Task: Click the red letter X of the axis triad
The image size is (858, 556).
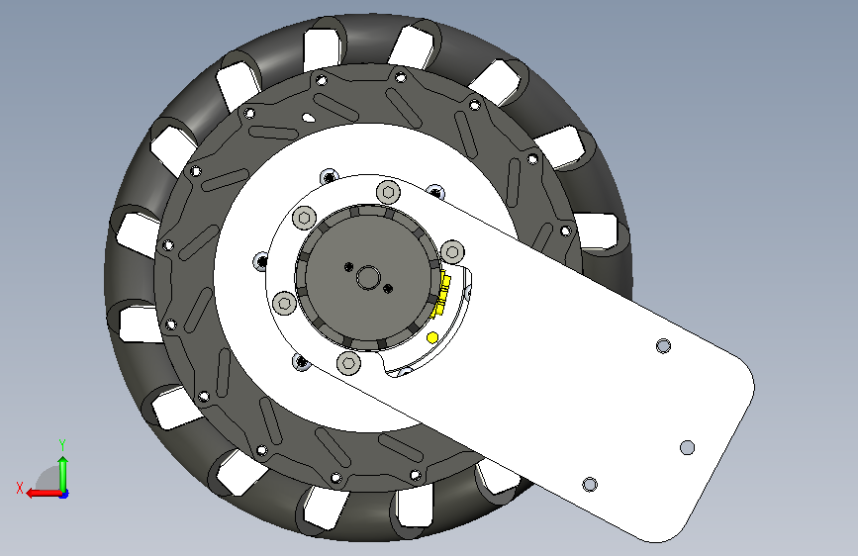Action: pos(20,488)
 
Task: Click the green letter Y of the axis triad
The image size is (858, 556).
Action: pos(62,444)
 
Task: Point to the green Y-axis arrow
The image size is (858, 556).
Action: pos(63,474)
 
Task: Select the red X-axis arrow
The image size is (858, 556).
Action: pos(45,493)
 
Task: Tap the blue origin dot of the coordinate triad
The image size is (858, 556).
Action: pos(64,494)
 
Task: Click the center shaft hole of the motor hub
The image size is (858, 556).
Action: pos(367,277)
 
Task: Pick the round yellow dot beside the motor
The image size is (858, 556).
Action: pos(432,338)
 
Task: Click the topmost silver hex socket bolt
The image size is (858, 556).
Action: pos(389,192)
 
